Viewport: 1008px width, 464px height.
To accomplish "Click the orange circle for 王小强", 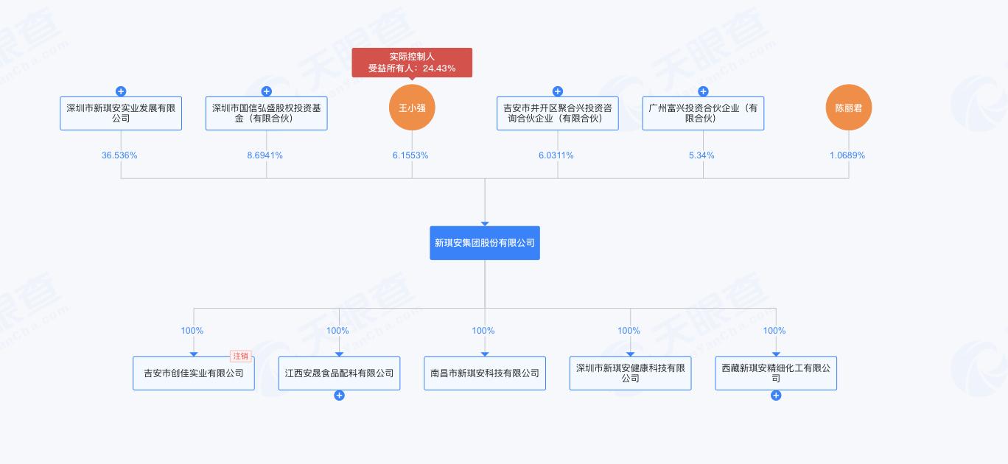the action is pyautogui.click(x=412, y=108).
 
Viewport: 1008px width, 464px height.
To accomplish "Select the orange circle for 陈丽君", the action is pyautogui.click(x=849, y=108).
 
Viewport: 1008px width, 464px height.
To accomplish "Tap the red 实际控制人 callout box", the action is pyautogui.click(x=412, y=63).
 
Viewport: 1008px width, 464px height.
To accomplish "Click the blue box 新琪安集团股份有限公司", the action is pyautogui.click(x=485, y=243).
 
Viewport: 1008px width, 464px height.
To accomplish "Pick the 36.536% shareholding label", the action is pyautogui.click(x=119, y=155).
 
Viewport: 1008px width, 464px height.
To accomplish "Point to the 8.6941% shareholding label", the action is pyautogui.click(x=265, y=155).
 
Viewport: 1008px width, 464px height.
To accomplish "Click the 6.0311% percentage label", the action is pyautogui.click(x=556, y=155).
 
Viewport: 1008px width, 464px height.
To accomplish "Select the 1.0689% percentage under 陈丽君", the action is pyautogui.click(x=847, y=155).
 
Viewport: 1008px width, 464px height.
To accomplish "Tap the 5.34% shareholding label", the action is pyautogui.click(x=701, y=155).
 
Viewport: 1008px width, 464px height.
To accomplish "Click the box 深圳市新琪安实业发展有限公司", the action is pyautogui.click(x=121, y=113).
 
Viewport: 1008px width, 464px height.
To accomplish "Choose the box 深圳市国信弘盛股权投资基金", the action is pyautogui.click(x=267, y=113).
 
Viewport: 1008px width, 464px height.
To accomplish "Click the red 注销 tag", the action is pyautogui.click(x=241, y=356).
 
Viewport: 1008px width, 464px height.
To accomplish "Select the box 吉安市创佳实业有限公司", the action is pyautogui.click(x=194, y=373).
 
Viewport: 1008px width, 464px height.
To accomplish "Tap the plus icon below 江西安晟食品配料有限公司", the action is pyautogui.click(x=339, y=396).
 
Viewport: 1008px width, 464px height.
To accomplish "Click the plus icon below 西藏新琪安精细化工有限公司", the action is pyautogui.click(x=776, y=396).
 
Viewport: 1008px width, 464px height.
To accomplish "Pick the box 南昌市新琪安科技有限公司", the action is pyautogui.click(x=485, y=373).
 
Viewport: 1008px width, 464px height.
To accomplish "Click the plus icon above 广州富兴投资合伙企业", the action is pyautogui.click(x=704, y=91).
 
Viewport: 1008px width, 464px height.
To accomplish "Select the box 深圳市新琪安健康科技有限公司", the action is pyautogui.click(x=631, y=373).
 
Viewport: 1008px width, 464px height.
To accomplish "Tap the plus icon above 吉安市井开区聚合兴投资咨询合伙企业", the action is pyautogui.click(x=558, y=91).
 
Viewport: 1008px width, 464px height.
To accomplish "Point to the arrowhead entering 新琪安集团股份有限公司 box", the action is pyautogui.click(x=485, y=223).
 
